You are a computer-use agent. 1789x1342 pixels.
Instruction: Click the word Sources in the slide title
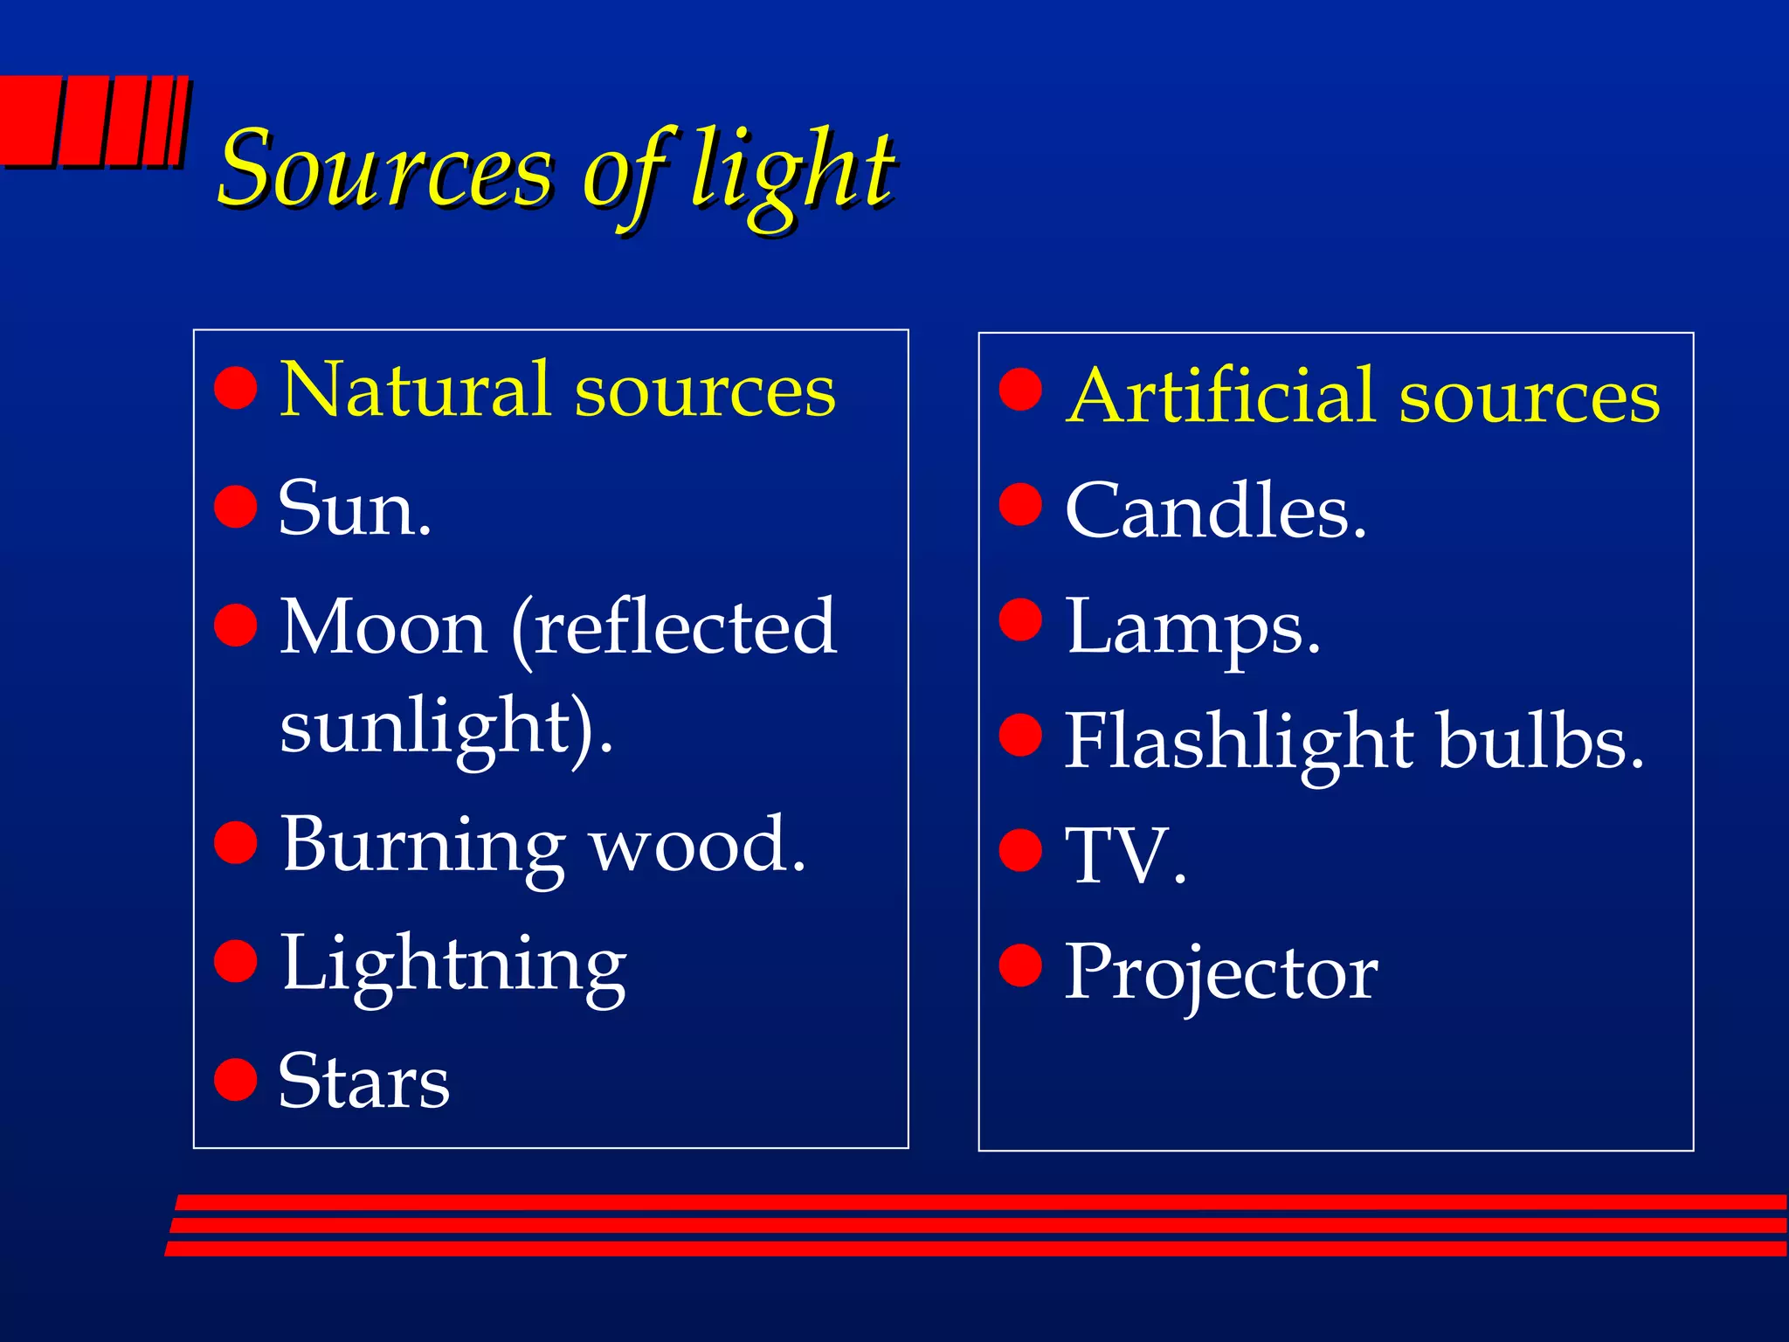pos(384,168)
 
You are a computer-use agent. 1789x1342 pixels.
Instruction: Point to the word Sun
pos(354,508)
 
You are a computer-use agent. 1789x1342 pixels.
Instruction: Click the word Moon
pos(383,627)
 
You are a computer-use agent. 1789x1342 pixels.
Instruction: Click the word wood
pos(696,846)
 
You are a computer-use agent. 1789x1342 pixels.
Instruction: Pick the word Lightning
pos(452,965)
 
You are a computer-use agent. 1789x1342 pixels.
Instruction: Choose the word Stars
pos(363,1082)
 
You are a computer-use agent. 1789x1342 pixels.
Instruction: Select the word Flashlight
pos(1239,742)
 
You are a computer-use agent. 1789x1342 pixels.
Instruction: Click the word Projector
pos(1220,973)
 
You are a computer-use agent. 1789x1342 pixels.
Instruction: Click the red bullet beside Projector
pos(1021,965)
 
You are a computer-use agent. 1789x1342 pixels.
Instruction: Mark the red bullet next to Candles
pos(1021,504)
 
